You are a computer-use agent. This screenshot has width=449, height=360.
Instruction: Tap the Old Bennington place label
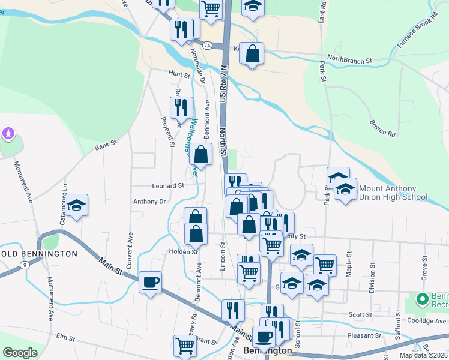pos(41,254)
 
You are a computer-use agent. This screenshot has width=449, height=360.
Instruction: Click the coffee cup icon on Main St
pos(150,282)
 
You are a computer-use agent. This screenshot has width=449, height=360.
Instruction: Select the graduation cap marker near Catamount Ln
pos(76,205)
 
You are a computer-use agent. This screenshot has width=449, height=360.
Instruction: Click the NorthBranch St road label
pos(350,61)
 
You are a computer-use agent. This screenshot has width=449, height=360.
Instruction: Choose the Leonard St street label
pos(168,186)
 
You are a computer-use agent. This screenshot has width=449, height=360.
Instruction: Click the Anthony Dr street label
pos(149,202)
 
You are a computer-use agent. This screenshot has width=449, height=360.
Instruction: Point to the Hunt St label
pos(179,74)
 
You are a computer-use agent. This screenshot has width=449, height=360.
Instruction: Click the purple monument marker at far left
pos(8,133)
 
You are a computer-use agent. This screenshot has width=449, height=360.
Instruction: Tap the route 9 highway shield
pos(25,265)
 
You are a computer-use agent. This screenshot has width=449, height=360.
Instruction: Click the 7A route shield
pos(207,45)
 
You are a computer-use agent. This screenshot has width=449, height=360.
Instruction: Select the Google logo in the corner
pos(20,353)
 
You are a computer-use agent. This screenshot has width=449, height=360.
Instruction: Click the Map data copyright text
pos(424,355)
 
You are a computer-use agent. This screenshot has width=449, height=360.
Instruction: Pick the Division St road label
pos(372,277)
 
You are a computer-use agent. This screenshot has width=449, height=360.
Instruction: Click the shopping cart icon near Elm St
pos(185,346)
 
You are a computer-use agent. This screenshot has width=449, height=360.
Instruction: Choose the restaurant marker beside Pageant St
pos(181,108)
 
